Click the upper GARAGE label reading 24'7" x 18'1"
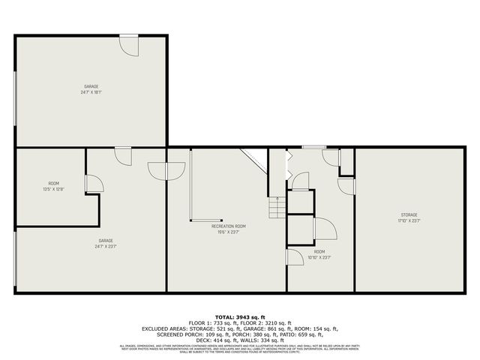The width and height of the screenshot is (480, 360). pyautogui.click(x=91, y=89)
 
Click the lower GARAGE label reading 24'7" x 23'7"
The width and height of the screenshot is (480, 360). pyautogui.click(x=105, y=243)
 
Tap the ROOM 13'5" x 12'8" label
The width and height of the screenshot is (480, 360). pyautogui.click(x=53, y=187)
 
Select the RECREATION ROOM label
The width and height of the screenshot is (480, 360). pyautogui.click(x=228, y=229)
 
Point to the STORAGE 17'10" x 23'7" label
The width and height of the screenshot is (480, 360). pyautogui.click(x=408, y=217)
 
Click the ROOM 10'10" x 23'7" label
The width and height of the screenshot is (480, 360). pyautogui.click(x=319, y=254)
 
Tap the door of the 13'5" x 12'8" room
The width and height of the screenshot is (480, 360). pyautogui.click(x=94, y=184)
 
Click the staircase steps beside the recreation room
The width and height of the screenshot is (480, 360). pyautogui.click(x=275, y=205)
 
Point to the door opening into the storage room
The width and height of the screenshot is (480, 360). pyautogui.click(x=346, y=186)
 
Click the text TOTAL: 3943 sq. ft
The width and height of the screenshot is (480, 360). pyautogui.click(x=239, y=317)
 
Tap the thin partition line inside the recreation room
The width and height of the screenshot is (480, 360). pyautogui.click(x=190, y=184)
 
